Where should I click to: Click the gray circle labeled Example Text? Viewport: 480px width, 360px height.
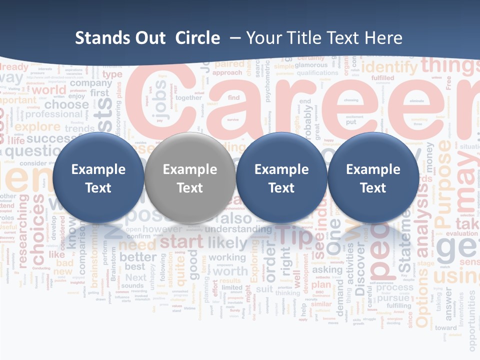[x=189, y=178]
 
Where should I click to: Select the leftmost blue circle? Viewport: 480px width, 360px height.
[x=98, y=178]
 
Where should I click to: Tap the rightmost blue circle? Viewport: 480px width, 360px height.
[x=373, y=178]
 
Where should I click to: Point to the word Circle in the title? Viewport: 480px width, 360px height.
[x=197, y=38]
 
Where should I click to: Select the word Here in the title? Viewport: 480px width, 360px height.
[x=383, y=38]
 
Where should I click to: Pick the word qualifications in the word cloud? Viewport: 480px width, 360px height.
[x=317, y=72]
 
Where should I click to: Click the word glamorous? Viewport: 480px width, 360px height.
[x=311, y=65]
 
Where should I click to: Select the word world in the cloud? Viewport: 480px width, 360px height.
[x=48, y=90]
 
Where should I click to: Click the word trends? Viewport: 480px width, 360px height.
[x=79, y=128]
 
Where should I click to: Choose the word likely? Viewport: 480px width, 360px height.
[x=227, y=243]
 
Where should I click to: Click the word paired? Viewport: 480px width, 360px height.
[x=229, y=64]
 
